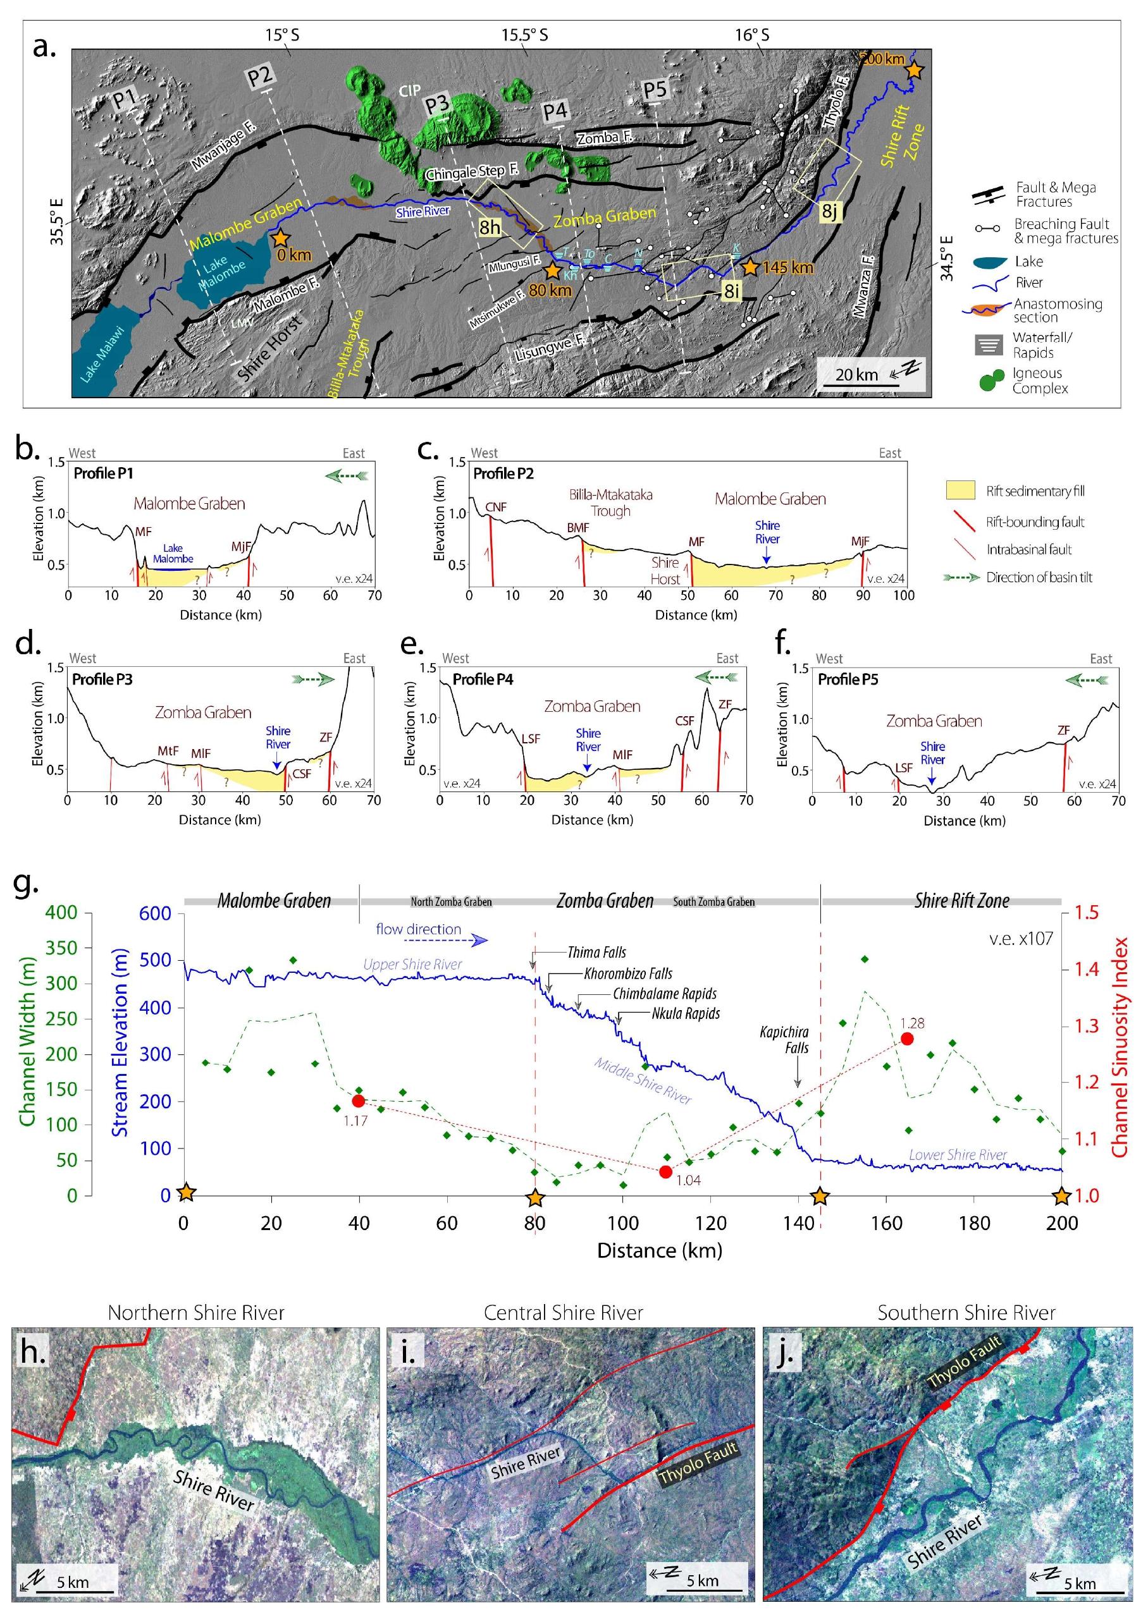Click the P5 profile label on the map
[655, 90]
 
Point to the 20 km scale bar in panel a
[858, 386]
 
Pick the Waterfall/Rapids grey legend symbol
[989, 345]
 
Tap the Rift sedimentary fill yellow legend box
[960, 491]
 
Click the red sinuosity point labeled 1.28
[907, 1039]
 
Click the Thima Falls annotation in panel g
[596, 953]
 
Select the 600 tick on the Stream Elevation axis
[155, 913]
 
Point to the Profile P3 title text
[102, 679]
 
